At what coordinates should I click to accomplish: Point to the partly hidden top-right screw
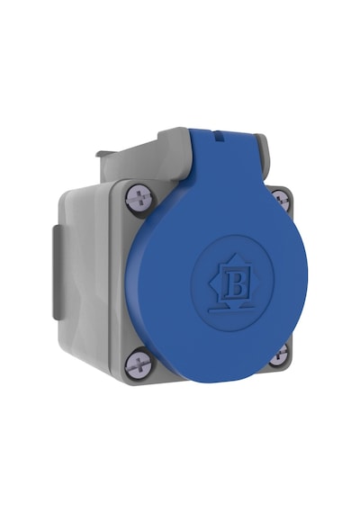(x=282, y=200)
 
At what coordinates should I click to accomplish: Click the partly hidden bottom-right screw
(x=279, y=355)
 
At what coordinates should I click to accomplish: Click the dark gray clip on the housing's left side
(x=57, y=273)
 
